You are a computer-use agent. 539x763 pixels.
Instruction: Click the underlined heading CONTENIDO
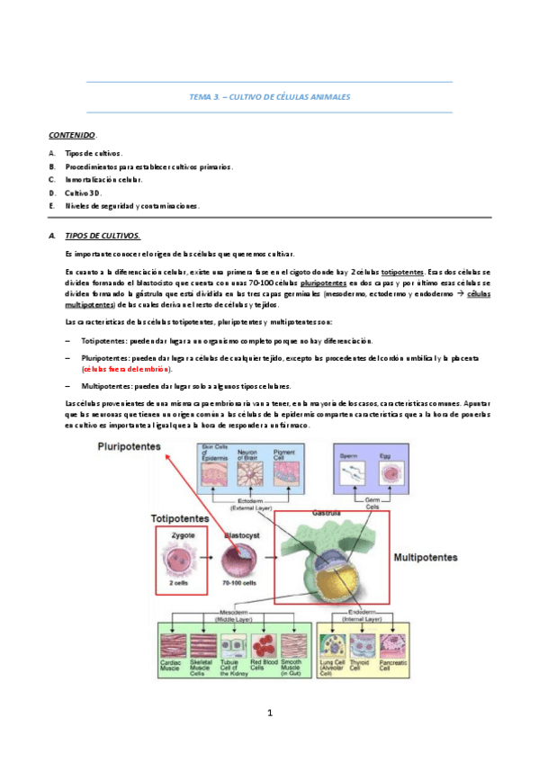[72, 134]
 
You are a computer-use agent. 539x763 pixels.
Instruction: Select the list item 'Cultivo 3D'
[84, 193]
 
